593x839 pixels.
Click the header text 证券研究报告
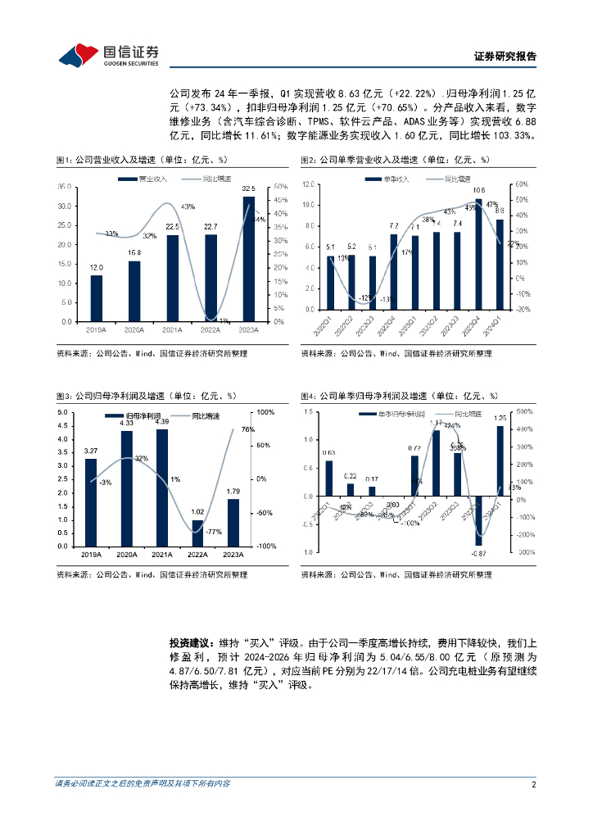click(x=505, y=57)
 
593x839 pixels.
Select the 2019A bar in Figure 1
click(x=97, y=298)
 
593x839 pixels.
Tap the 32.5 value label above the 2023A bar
click(x=248, y=188)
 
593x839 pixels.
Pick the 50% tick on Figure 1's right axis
click(x=279, y=187)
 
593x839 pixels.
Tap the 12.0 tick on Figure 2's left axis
click(x=307, y=184)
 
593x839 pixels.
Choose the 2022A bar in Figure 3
click(x=197, y=533)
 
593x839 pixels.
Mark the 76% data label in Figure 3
click(x=248, y=429)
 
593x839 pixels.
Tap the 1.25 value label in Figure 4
click(x=500, y=418)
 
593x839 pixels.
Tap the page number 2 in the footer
click(x=533, y=784)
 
